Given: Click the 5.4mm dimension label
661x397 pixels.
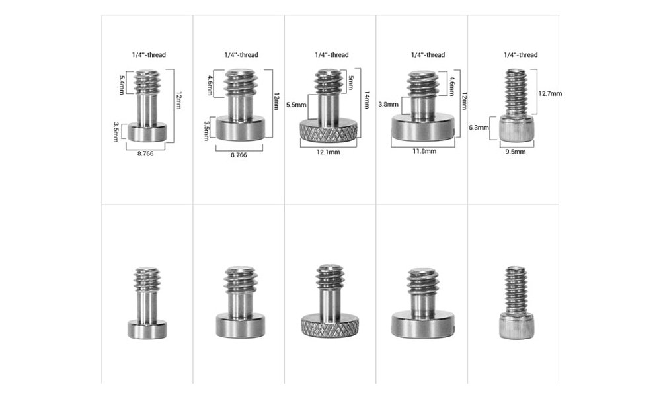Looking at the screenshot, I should (x=122, y=84).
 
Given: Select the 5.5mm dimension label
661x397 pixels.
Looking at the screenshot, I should (x=296, y=105).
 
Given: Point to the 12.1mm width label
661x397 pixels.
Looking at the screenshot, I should (x=329, y=152).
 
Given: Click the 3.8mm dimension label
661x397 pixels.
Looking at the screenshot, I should (x=388, y=104).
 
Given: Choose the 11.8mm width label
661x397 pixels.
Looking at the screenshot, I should (x=424, y=151).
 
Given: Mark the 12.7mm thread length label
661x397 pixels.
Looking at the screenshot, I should (x=549, y=93).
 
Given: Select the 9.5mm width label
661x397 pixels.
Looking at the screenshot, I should (x=516, y=152).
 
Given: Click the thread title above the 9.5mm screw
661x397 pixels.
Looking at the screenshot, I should (x=520, y=55).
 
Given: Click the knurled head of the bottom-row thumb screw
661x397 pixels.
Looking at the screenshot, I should (x=330, y=326).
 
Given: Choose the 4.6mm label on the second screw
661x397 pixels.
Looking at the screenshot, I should (x=210, y=85).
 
